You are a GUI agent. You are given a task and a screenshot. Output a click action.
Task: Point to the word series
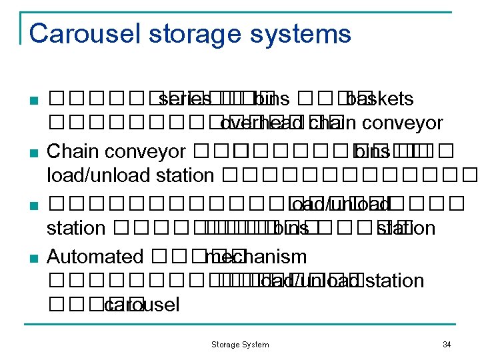[185, 99]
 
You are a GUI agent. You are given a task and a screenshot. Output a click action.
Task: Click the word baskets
[381, 99]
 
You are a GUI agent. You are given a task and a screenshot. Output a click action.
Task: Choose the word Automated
[95, 256]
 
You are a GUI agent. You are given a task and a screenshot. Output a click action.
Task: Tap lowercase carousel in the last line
[143, 305]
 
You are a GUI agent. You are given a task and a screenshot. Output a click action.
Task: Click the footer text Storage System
[240, 345]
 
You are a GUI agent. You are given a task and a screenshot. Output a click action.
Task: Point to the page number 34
[447, 345]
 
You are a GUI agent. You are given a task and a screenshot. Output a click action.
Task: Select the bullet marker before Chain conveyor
[33, 153]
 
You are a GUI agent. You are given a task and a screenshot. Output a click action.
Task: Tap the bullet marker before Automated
[33, 258]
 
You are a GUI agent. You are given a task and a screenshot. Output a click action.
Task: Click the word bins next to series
[272, 99]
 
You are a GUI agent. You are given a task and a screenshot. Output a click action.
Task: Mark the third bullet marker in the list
[33, 204]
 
